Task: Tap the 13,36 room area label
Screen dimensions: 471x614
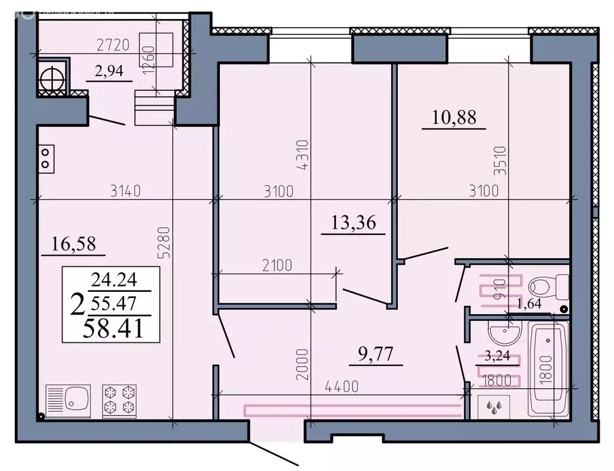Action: (353, 224)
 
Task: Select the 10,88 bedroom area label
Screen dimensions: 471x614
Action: (454, 118)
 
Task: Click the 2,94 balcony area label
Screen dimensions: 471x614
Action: (109, 71)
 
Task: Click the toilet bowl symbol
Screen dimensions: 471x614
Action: (548, 287)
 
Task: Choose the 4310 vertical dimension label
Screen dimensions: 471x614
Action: (306, 157)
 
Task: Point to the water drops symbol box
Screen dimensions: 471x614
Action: (494, 406)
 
